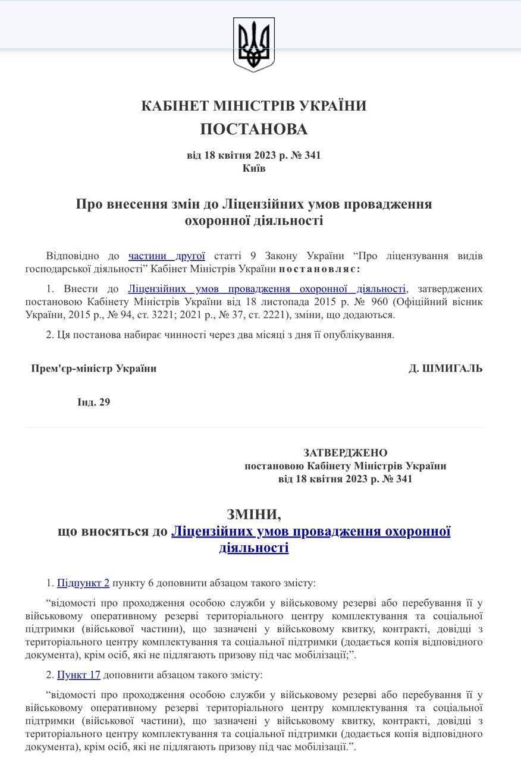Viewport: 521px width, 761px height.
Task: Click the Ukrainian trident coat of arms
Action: tap(254, 45)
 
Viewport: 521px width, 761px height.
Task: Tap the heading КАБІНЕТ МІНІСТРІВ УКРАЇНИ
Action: tap(254, 106)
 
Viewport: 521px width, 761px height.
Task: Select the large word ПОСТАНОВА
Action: tap(254, 129)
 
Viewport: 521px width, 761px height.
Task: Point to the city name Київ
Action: tap(254, 168)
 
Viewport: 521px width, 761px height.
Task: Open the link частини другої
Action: tap(167, 256)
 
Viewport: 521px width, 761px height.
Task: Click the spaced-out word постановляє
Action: tap(319, 269)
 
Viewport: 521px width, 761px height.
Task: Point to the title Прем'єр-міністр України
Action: tap(94, 369)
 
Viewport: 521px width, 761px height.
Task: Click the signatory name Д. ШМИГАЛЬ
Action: tap(445, 369)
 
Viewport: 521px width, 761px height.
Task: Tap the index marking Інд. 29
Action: tap(94, 402)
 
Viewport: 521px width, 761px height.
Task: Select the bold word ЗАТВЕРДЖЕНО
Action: tap(345, 453)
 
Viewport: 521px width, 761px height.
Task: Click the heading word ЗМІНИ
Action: tap(254, 515)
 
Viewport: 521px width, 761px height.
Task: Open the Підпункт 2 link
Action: tap(83, 583)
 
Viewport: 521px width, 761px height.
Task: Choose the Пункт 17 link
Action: tap(79, 675)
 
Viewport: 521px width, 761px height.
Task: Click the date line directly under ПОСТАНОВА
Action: tap(254, 156)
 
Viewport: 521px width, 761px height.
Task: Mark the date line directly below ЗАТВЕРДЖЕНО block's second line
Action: tap(345, 479)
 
